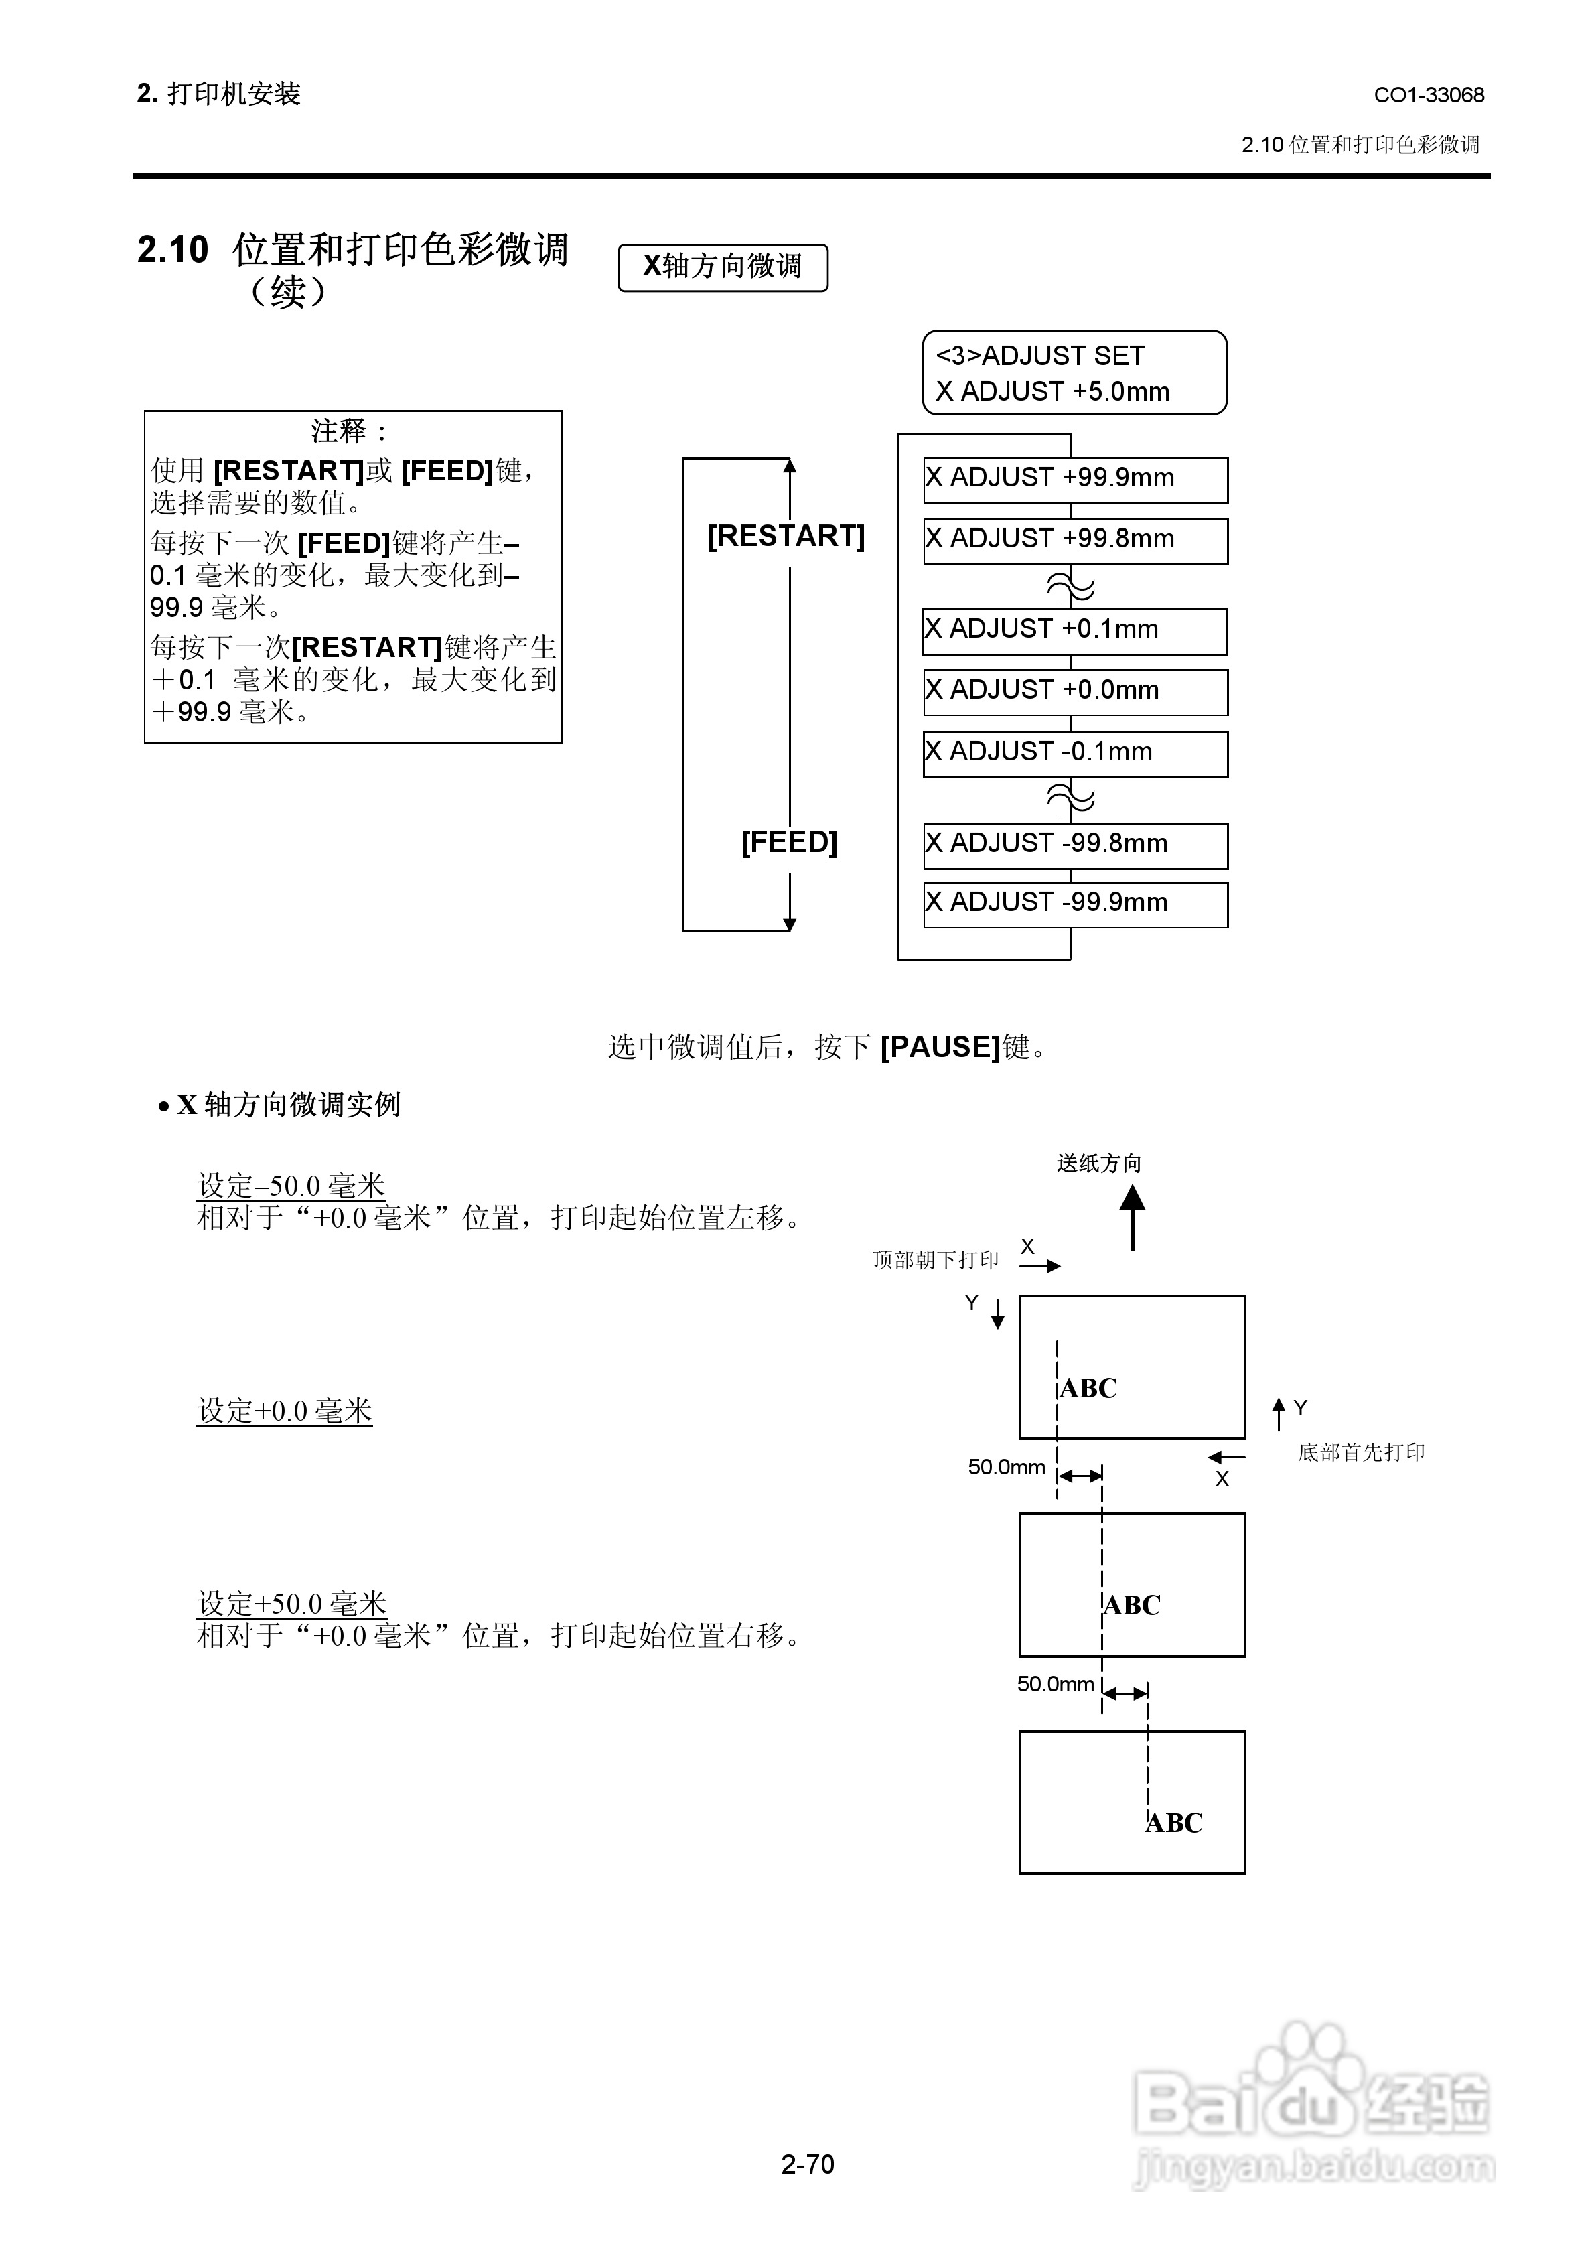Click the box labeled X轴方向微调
pos(722,267)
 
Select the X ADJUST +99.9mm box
pos(1075,480)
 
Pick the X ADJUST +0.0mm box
pos(1075,693)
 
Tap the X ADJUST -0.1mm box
pos(1075,754)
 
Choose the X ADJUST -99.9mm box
pos(1075,904)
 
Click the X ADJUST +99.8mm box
pos(1075,541)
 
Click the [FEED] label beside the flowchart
pos(789,842)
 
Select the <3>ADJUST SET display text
pos(1039,356)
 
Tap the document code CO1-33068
pos(1429,95)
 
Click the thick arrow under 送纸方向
pos(1132,1217)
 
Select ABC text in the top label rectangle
pos(1089,1389)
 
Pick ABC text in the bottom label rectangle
pos(1174,1823)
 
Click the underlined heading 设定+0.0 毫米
pos(285,1411)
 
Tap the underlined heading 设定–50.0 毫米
pos(291,1185)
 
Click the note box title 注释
pos(350,431)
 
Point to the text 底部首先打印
pos(1361,1452)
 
